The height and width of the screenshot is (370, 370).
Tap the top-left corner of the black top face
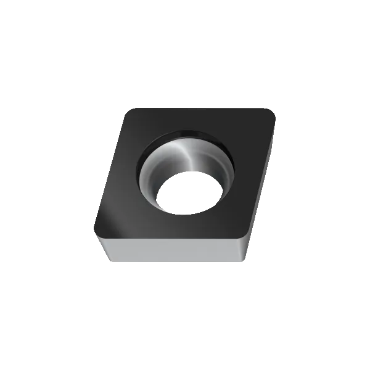(x=128, y=110)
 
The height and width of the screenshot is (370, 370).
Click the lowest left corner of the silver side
(x=109, y=264)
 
